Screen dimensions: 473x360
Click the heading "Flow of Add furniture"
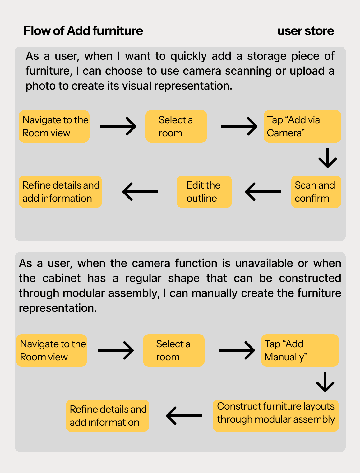click(83, 31)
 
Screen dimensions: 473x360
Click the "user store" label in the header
click(306, 31)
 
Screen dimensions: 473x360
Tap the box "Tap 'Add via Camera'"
click(302, 126)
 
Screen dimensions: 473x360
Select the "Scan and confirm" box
click(316, 192)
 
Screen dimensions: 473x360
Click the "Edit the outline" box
click(204, 192)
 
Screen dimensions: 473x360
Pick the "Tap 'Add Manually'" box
click(300, 350)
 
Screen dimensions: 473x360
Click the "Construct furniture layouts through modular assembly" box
click(275, 416)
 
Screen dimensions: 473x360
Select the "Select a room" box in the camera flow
click(176, 126)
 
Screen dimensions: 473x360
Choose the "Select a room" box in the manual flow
click(173, 350)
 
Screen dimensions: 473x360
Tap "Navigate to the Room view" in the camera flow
click(54, 126)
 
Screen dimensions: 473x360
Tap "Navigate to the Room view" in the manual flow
click(52, 350)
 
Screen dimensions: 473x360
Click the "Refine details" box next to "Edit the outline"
click(60, 192)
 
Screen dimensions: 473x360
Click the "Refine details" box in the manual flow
click(108, 416)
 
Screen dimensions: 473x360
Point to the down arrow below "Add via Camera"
click(328, 158)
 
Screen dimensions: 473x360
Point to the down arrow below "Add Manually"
click(325, 382)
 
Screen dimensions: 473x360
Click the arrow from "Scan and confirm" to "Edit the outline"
click(263, 192)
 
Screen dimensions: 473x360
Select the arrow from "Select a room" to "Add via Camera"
click(239, 126)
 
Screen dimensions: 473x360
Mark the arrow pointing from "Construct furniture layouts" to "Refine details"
click(184, 416)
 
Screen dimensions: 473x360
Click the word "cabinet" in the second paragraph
click(62, 278)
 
